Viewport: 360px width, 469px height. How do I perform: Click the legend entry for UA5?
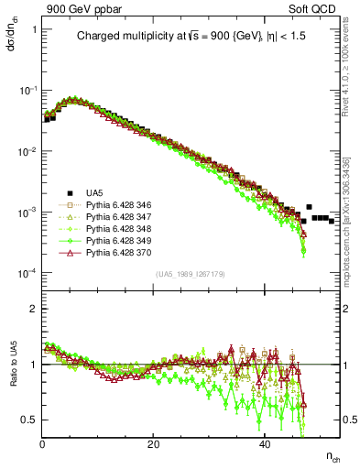coord(94,191)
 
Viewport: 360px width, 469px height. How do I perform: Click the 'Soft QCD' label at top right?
coord(318,8)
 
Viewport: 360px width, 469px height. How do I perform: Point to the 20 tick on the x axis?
coord(154,443)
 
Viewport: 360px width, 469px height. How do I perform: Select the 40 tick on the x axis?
coord(265,443)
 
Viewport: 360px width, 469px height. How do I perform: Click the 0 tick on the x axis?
coord(42,443)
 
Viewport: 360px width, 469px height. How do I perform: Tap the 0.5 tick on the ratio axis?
coord(30,420)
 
